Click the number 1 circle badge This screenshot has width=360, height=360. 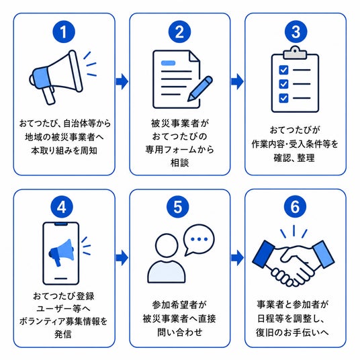click(64, 32)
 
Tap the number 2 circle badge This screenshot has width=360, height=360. click(179, 32)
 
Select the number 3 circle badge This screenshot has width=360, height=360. click(296, 32)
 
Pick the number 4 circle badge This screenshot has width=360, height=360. click(62, 207)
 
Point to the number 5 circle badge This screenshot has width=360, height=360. click(178, 207)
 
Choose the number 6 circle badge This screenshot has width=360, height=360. click(296, 207)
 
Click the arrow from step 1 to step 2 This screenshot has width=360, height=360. click(122, 81)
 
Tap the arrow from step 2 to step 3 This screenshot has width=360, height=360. click(237, 81)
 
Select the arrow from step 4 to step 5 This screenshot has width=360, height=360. click(122, 258)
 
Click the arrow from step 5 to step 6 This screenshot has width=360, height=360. click(237, 258)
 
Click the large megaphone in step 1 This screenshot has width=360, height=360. click(56, 77)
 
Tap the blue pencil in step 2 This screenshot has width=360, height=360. click(199, 89)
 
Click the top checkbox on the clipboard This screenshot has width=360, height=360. click(283, 70)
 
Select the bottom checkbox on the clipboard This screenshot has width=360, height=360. click(283, 98)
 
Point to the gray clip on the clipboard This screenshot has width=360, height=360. click(295, 53)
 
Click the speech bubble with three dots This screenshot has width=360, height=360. click(199, 240)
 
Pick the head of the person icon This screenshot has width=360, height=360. click(167, 245)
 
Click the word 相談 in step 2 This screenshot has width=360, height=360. click(179, 163)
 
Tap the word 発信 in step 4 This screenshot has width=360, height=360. click(63, 334)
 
